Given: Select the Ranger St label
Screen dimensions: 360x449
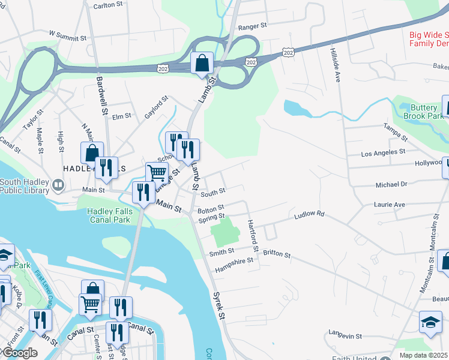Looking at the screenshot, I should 252,27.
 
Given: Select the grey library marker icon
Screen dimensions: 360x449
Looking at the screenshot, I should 58,186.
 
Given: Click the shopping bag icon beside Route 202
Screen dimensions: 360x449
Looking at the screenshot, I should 202,63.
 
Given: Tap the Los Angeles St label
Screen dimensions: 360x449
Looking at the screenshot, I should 384,154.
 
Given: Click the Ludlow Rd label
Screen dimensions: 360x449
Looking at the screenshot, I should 309,214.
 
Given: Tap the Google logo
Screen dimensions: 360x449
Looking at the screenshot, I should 20,353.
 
